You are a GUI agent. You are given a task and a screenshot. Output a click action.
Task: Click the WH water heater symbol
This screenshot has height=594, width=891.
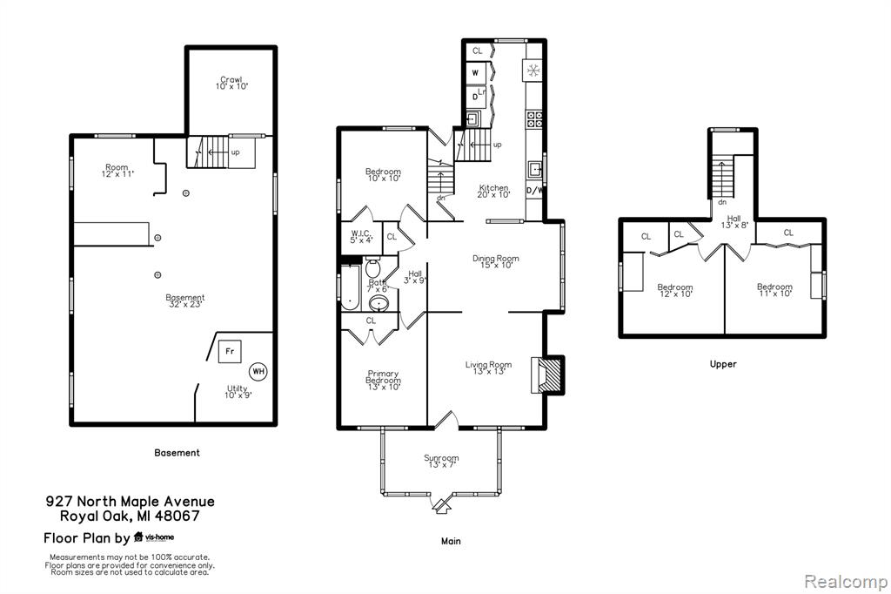[x=258, y=372]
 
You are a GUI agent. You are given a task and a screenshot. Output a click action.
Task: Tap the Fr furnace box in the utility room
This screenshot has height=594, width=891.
[x=230, y=351]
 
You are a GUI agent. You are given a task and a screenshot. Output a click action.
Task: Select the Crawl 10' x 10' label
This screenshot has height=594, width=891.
[x=231, y=83]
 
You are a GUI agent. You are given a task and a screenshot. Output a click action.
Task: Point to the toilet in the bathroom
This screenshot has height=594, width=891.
[x=372, y=267]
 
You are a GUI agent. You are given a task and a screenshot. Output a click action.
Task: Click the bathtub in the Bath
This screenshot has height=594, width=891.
[x=350, y=288]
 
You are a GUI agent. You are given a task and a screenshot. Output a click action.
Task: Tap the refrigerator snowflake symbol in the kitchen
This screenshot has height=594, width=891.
[x=533, y=71]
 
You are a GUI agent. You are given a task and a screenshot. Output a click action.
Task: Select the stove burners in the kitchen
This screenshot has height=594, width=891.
[x=534, y=119]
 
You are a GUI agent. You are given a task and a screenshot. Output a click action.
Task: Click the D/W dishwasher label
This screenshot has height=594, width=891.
[x=534, y=191]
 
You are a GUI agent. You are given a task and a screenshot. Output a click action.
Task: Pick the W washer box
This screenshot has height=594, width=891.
[x=476, y=73]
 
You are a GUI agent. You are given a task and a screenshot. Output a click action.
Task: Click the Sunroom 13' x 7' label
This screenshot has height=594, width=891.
[x=441, y=461]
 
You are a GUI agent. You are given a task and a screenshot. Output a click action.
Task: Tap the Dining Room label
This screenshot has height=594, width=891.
[x=495, y=261]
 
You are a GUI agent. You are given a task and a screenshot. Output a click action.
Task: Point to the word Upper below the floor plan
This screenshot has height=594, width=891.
[x=723, y=364]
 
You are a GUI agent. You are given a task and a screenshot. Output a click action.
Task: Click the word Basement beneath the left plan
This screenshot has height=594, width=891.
[x=177, y=453]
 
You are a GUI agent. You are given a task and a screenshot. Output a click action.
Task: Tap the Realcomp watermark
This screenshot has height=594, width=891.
[x=846, y=582]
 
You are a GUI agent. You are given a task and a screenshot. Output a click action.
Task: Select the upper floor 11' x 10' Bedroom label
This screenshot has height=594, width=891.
[x=774, y=290]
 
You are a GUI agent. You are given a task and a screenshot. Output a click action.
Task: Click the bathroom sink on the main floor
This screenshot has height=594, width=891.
[x=379, y=303]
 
